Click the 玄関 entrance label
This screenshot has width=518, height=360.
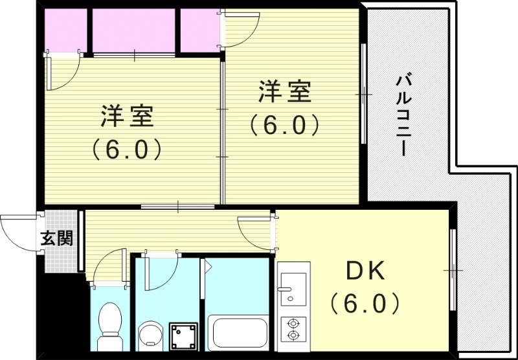coord(57,238)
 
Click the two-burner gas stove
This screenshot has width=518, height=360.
coord(293,329)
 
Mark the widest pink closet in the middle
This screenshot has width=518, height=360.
coord(135,30)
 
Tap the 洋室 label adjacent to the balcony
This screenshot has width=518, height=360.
coord(285,93)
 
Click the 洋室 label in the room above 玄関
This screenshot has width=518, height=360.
coord(126,116)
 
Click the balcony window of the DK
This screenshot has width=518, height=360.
coord(453,269)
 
